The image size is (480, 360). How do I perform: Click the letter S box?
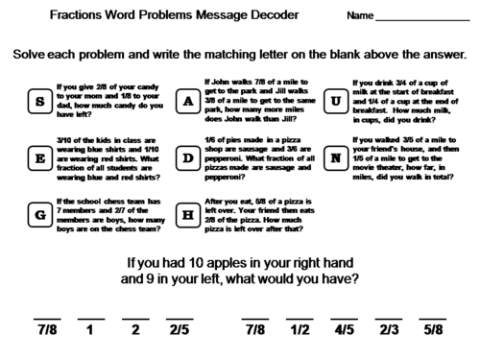(39, 102)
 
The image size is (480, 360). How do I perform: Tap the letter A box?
(188, 102)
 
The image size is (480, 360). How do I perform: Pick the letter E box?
(39, 158)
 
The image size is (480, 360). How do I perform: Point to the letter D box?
(188, 158)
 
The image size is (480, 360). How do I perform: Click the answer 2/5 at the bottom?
(180, 329)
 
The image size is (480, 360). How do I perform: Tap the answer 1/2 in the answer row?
(300, 329)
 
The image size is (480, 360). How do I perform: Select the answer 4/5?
(344, 329)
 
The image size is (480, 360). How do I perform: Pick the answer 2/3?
(388, 329)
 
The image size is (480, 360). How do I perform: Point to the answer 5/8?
(432, 329)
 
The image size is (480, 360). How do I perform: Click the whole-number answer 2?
(135, 329)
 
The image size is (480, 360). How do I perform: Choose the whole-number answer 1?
(90, 329)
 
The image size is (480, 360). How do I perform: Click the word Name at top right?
(360, 17)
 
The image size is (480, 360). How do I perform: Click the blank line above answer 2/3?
(388, 316)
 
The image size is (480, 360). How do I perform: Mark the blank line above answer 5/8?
(432, 316)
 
